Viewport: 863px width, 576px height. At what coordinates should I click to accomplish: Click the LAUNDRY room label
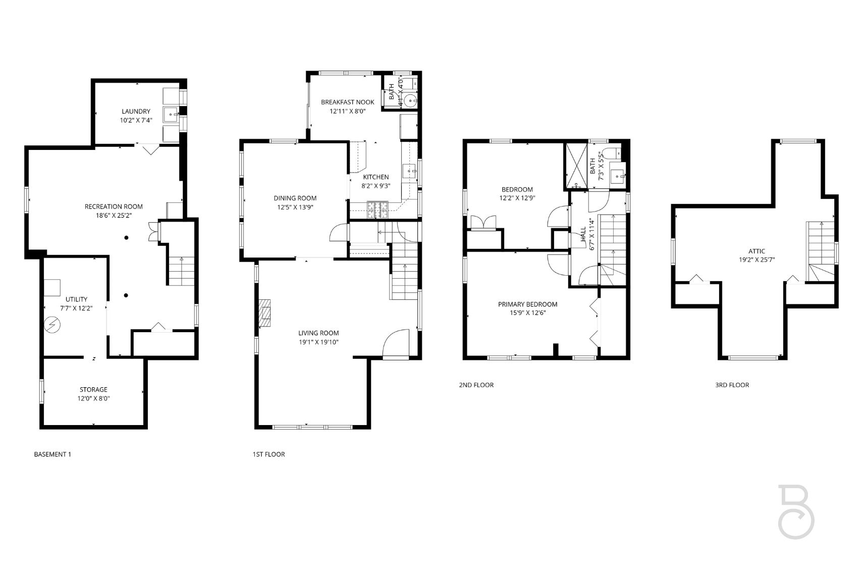click(136, 112)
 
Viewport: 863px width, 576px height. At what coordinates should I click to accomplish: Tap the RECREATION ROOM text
click(114, 206)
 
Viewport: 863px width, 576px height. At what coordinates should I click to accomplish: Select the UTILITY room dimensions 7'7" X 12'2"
click(76, 308)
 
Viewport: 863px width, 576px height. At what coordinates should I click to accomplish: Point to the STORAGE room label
click(93, 390)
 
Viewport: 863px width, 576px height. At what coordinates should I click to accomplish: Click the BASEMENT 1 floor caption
click(52, 454)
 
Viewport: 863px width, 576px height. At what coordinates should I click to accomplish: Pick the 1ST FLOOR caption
click(268, 454)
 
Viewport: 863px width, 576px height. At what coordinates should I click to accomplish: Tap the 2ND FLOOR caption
click(476, 385)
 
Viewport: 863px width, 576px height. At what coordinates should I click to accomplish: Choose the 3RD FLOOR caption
click(732, 385)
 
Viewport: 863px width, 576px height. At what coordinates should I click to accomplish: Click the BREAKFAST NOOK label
click(348, 102)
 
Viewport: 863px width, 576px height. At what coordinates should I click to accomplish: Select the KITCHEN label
click(376, 177)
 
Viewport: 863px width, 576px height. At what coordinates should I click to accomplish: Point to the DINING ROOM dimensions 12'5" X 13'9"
click(295, 207)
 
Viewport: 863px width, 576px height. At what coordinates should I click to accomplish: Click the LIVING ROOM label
click(318, 333)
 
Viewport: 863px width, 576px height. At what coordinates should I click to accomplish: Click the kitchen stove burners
click(377, 210)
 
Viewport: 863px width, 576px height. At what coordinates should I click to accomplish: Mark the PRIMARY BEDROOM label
click(527, 304)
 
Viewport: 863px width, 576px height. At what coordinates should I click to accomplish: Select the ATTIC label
click(757, 251)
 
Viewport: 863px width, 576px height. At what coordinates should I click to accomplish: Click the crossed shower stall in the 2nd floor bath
click(576, 166)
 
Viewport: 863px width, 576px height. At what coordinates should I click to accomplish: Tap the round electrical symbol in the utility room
click(51, 325)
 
